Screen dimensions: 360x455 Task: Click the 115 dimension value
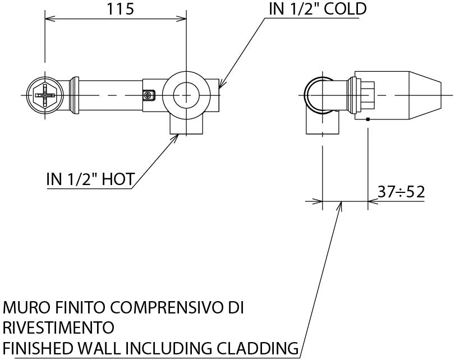pos(117,10)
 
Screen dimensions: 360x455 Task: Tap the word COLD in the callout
pos(342,9)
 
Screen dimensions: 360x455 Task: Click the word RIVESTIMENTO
pos(58,327)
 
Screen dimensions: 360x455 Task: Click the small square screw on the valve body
pos(148,96)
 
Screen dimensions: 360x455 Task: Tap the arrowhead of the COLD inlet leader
pos(220,87)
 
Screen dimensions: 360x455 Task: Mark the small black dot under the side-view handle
pos(367,119)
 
